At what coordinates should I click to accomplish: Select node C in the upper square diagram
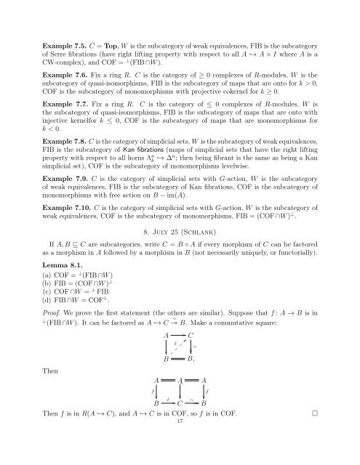[191, 375]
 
